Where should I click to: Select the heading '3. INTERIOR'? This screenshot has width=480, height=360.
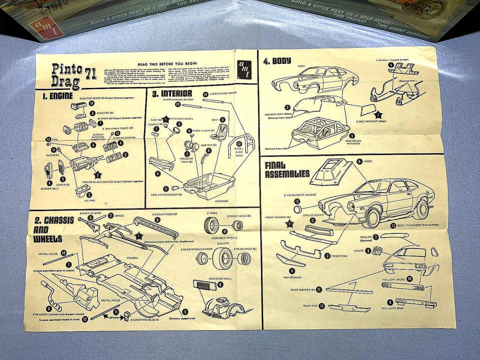[x=172, y=93]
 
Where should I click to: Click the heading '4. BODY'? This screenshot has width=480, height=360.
[x=277, y=61]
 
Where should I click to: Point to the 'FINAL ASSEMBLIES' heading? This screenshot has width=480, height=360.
[x=287, y=169]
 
